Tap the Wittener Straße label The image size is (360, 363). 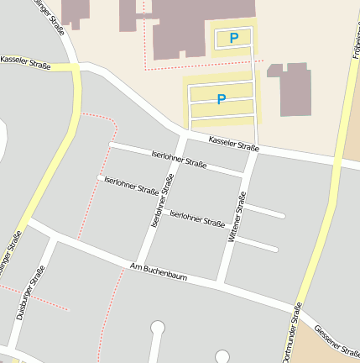pos(237,218)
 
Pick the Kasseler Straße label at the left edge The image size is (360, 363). pos(25,62)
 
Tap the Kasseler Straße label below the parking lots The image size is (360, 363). pos(233,144)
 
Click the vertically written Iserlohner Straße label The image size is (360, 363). pos(157,205)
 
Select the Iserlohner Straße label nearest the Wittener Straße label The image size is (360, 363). pos(196,219)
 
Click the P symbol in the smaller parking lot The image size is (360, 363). pos(233,38)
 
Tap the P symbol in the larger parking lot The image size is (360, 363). pos(222,99)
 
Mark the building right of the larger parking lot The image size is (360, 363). pos(290,87)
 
